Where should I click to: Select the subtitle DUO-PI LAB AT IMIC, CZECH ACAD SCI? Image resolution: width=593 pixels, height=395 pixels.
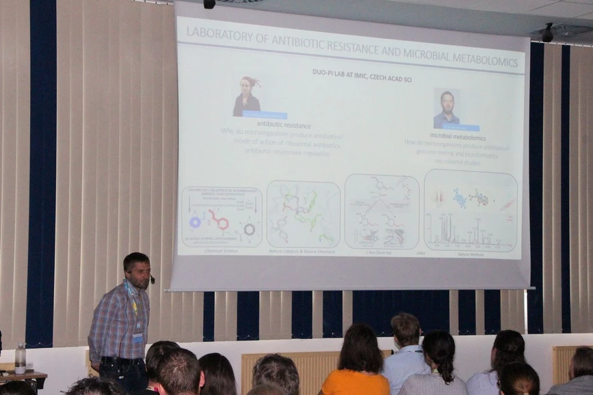tap(352, 72)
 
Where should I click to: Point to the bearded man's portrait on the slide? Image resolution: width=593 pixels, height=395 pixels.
tap(447, 108)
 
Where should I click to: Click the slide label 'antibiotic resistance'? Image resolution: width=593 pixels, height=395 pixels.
tap(283, 126)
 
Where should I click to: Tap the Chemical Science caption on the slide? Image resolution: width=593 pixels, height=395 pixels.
tap(220, 251)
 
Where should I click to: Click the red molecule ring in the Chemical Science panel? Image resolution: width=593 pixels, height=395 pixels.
tap(218, 220)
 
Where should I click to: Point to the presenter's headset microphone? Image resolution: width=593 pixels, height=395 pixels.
tap(152, 280)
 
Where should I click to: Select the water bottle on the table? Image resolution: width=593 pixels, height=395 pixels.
tap(21, 357)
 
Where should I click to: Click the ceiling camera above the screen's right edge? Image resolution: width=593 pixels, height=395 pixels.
tap(547, 32)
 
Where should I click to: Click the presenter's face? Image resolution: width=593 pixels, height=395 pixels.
tap(140, 271)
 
